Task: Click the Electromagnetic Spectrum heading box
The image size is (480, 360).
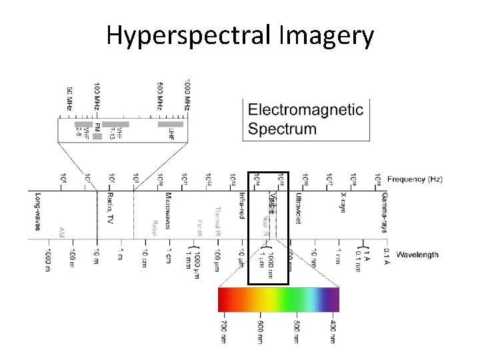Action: coord(306,119)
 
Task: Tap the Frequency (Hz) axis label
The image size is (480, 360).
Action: coord(415,179)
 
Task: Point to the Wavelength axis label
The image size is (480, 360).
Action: coord(417,254)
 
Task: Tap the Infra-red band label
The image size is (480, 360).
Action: coord(241,205)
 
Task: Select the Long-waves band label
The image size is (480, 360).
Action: coord(38,212)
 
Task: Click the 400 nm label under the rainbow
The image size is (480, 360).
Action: coord(333,331)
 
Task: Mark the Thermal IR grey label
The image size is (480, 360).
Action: coord(217,220)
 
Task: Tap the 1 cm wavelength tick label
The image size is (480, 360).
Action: coord(169,256)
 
